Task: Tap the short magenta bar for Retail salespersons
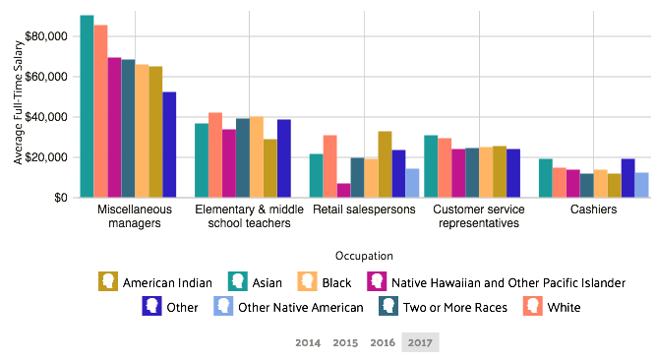(x=343, y=190)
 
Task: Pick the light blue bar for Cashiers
(x=642, y=185)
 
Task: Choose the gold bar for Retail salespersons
(x=385, y=164)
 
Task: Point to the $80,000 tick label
(x=47, y=36)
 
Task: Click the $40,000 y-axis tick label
(x=47, y=117)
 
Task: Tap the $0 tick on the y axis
(x=61, y=198)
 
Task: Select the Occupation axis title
(x=364, y=256)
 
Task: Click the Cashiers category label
(x=593, y=210)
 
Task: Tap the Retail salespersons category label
(x=364, y=210)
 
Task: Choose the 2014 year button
(x=308, y=342)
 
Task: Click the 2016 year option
(x=383, y=342)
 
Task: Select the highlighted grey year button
(x=420, y=342)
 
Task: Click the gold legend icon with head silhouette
(x=108, y=281)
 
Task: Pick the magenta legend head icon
(x=377, y=281)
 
